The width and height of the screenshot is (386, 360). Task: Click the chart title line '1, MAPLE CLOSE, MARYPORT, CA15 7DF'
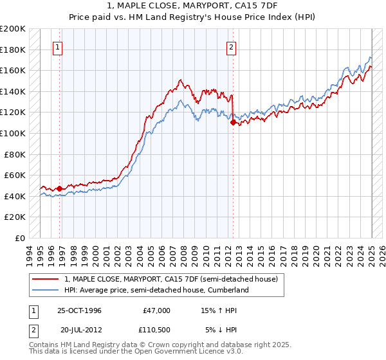pos(193,5)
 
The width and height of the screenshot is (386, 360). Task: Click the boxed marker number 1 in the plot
pos(58,47)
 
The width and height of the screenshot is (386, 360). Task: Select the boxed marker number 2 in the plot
pos(231,47)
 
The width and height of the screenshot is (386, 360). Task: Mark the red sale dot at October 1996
pos(60,188)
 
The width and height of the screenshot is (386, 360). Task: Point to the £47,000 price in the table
pos(156,310)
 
